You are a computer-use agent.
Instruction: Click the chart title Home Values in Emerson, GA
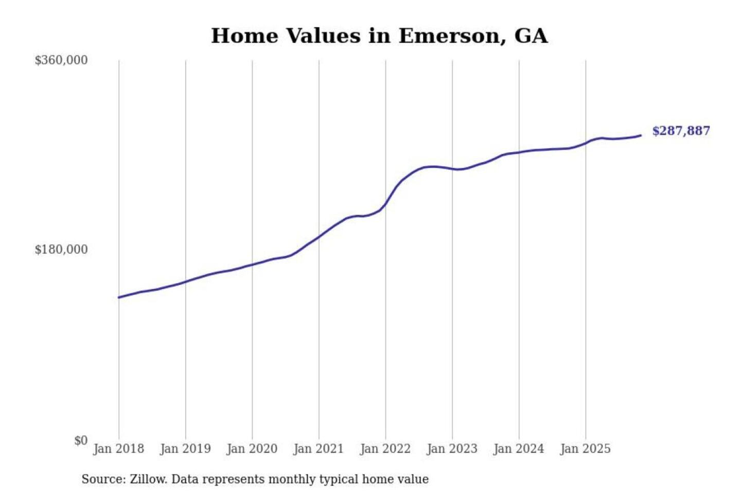(x=379, y=36)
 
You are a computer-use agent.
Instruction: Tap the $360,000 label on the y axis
(x=61, y=60)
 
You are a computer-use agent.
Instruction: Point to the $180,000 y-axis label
(x=61, y=250)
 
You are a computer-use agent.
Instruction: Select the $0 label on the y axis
(x=81, y=440)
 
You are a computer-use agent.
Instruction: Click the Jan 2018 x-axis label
(x=119, y=449)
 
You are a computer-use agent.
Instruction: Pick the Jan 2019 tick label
(x=185, y=449)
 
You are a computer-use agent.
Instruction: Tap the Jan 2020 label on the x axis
(x=252, y=449)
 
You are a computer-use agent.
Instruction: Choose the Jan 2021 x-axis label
(x=319, y=449)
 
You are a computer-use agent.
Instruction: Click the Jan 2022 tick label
(x=385, y=449)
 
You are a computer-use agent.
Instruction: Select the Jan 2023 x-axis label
(x=452, y=449)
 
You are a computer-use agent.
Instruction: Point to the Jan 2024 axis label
(x=519, y=449)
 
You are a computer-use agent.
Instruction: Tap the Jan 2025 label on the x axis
(x=586, y=449)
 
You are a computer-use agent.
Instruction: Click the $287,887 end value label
(x=681, y=131)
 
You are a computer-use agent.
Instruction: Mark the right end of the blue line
(x=641, y=135)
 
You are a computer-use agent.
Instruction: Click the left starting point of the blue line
(x=119, y=297)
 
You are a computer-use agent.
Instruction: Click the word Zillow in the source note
(x=148, y=479)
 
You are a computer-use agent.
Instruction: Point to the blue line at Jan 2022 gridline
(x=385, y=205)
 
